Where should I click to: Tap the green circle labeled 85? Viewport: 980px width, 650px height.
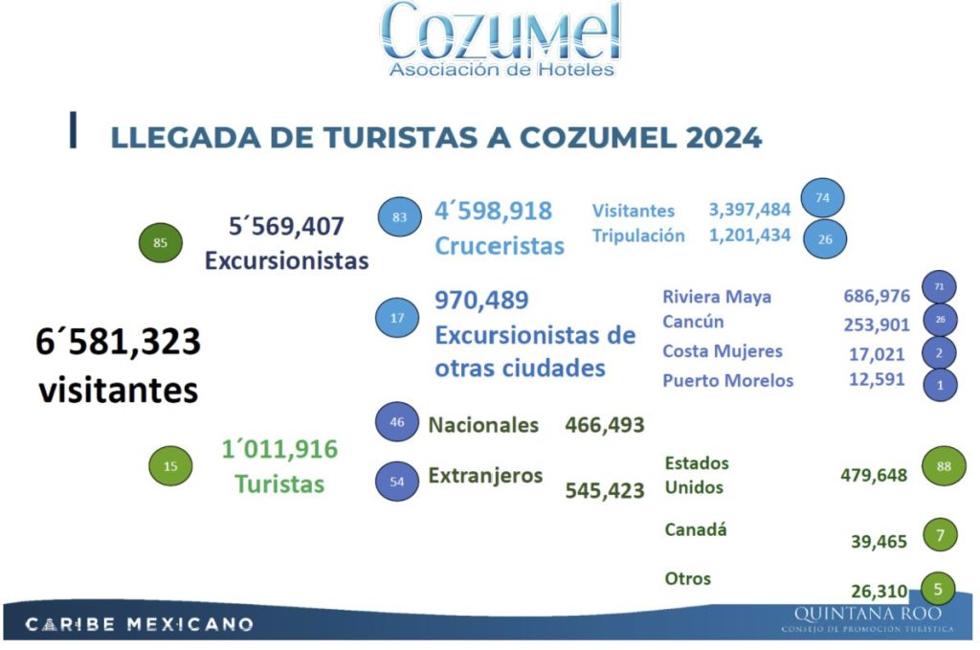(x=160, y=242)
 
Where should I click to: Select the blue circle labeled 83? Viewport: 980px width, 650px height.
(x=399, y=217)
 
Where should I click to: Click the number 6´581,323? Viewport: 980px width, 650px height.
(x=120, y=342)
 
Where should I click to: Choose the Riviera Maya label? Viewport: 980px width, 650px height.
(x=716, y=297)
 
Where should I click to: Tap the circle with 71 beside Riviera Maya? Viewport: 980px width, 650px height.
(x=939, y=287)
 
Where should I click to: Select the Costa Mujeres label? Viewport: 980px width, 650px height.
(x=722, y=351)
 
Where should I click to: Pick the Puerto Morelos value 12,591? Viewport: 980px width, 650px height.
(x=876, y=379)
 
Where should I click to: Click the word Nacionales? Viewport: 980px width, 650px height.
(x=483, y=425)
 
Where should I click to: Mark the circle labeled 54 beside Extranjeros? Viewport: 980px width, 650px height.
(x=398, y=482)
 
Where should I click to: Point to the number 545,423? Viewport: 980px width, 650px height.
(x=605, y=491)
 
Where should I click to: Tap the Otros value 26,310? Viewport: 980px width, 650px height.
(x=879, y=592)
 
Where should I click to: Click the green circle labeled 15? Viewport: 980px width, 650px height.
(x=170, y=466)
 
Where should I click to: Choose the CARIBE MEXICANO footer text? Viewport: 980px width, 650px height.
(x=140, y=625)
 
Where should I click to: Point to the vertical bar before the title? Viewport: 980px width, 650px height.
(x=73, y=130)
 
